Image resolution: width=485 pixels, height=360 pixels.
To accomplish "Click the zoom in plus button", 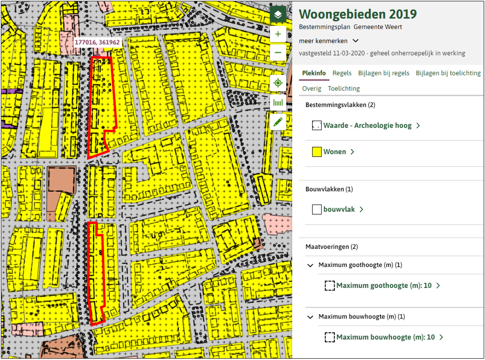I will (278, 34).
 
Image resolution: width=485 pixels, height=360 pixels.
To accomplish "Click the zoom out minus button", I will (278, 53).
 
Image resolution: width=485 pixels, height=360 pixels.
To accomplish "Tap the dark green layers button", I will (278, 15).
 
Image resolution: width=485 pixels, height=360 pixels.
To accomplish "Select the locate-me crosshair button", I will (278, 83).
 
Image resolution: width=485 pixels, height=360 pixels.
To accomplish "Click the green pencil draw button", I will (278, 122).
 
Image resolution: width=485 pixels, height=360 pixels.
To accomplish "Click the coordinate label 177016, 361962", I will (97, 42).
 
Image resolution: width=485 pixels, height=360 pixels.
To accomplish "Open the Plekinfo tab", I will (314, 73).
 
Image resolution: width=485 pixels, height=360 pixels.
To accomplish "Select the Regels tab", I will (342, 73).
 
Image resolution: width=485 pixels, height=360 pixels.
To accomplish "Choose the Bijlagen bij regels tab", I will (384, 73).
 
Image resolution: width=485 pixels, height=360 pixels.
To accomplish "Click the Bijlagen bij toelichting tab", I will (448, 73).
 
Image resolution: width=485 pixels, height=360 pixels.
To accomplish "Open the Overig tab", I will (312, 88).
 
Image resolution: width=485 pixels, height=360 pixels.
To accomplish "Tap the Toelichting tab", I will (344, 88).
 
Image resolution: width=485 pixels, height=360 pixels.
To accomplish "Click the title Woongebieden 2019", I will (358, 14).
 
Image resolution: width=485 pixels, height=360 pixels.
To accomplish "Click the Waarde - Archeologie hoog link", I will (367, 125).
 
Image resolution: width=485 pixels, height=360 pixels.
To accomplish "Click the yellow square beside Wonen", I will (317, 152).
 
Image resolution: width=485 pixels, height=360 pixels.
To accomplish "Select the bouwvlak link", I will (339, 210).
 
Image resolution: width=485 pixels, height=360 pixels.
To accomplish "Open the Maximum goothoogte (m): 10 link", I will (384, 286).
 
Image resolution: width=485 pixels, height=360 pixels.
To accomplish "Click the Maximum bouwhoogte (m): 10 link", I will (385, 337).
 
